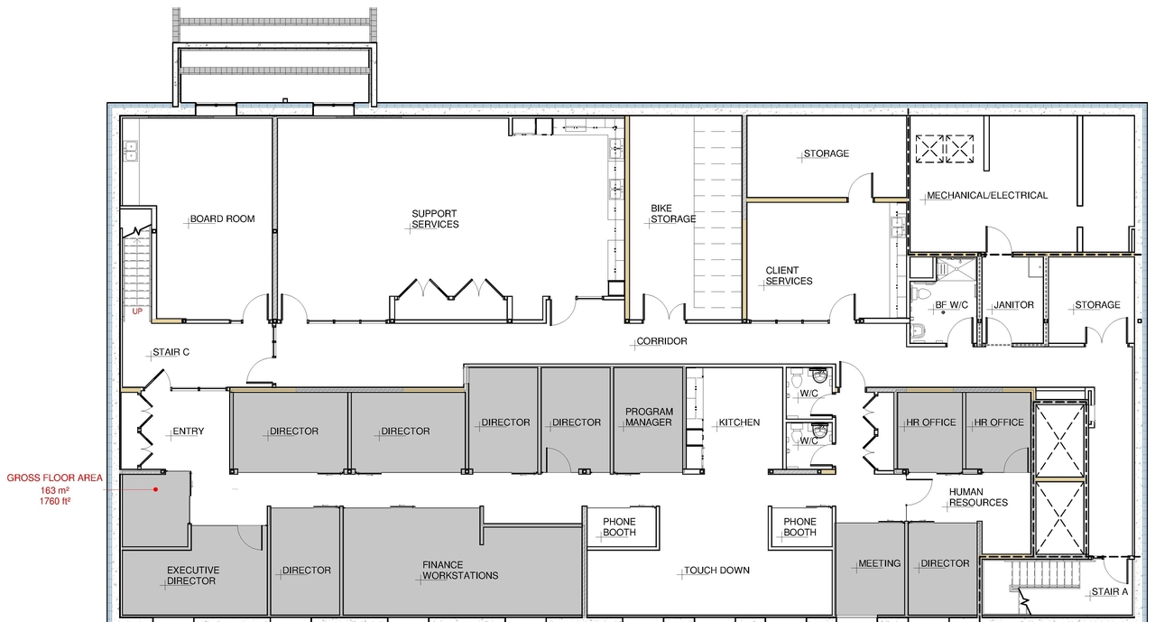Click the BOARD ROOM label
[x=222, y=218]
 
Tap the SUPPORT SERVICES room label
[x=435, y=218]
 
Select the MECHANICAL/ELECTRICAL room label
[x=987, y=195]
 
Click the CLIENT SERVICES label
[x=789, y=275]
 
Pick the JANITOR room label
[x=1012, y=305]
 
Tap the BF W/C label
[x=951, y=305]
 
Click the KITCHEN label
[x=739, y=422]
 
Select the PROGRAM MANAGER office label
[x=649, y=417]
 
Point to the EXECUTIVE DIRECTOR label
[x=192, y=575]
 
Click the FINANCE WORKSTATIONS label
[x=460, y=570]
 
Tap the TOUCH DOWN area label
[x=716, y=571]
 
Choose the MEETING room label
[x=879, y=563]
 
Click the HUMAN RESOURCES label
[x=977, y=497]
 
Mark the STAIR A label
[x=1109, y=592]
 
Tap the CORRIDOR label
[x=661, y=341]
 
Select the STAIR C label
[x=170, y=352]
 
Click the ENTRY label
[x=188, y=432]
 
